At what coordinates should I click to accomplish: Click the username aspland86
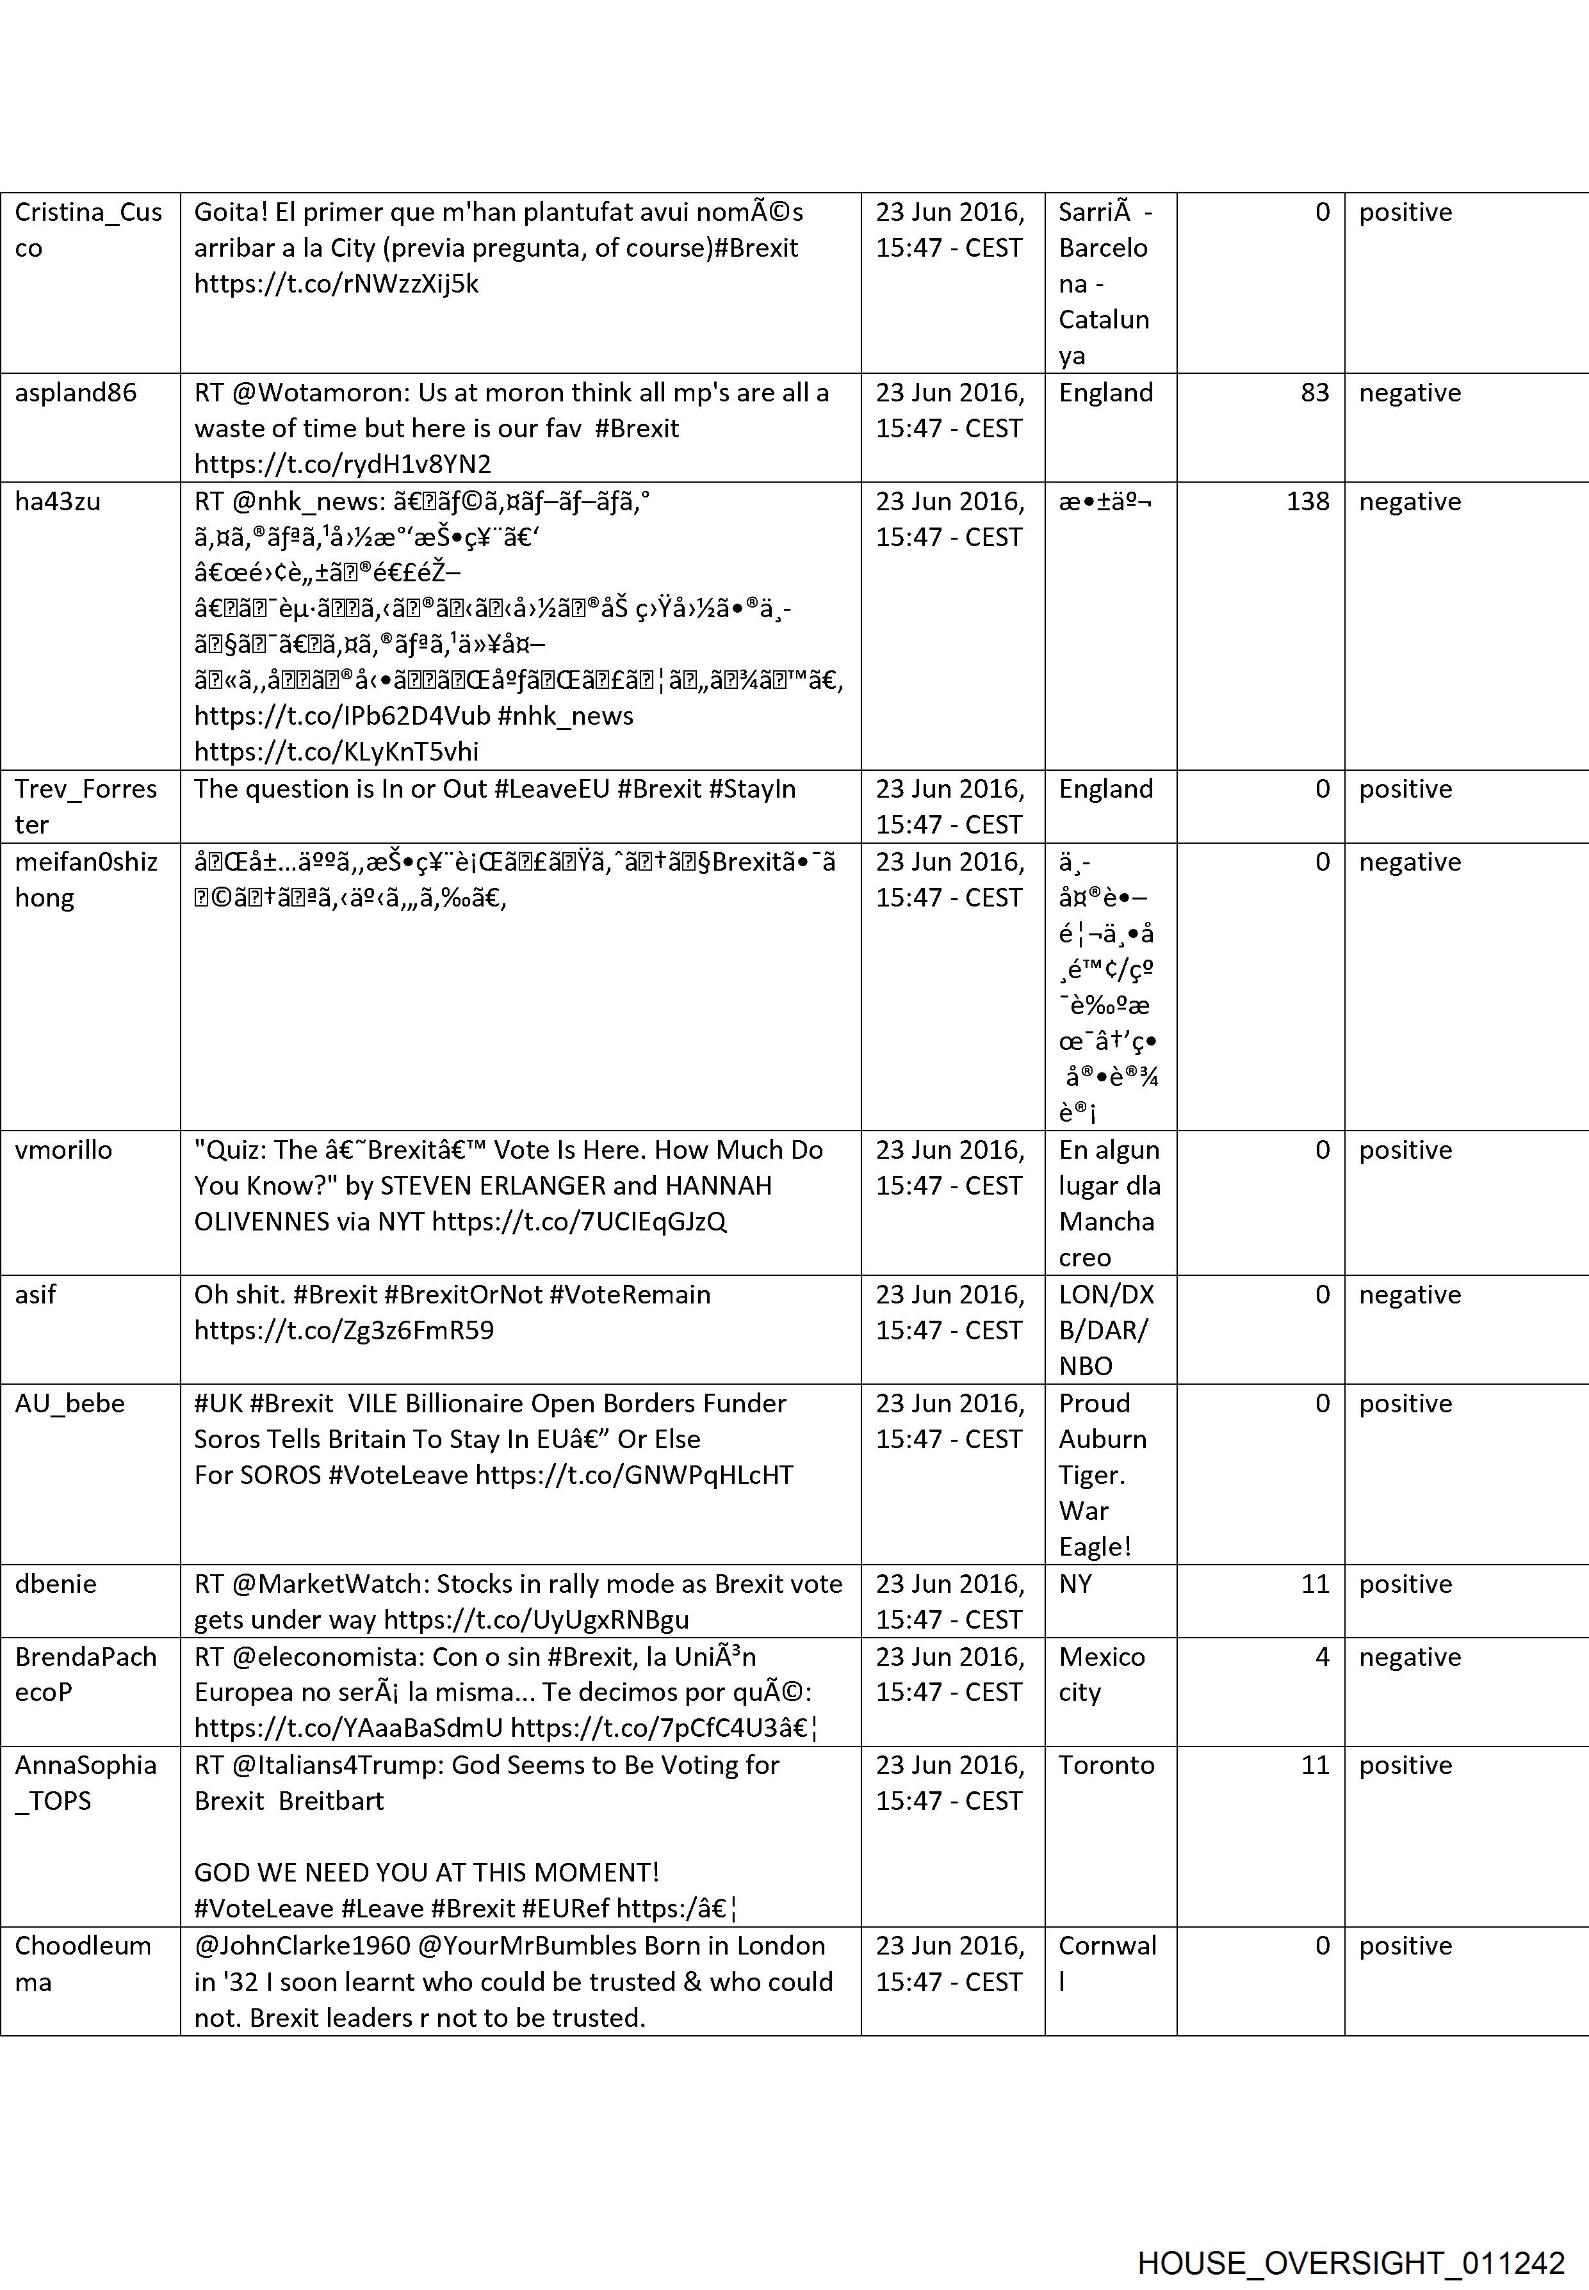coord(76,393)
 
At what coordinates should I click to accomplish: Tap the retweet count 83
coord(1314,393)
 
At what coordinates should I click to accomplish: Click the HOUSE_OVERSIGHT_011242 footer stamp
coord(1351,2234)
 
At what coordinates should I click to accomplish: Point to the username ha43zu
coord(58,501)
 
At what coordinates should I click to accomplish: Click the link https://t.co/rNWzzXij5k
coord(336,285)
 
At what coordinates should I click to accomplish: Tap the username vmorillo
coord(63,1150)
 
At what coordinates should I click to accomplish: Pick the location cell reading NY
coord(1075,1584)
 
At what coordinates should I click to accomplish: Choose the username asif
coord(36,1294)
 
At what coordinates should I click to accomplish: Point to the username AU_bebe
coord(70,1404)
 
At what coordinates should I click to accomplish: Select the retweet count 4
coord(1322,1657)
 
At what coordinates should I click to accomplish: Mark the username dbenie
coord(56,1584)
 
